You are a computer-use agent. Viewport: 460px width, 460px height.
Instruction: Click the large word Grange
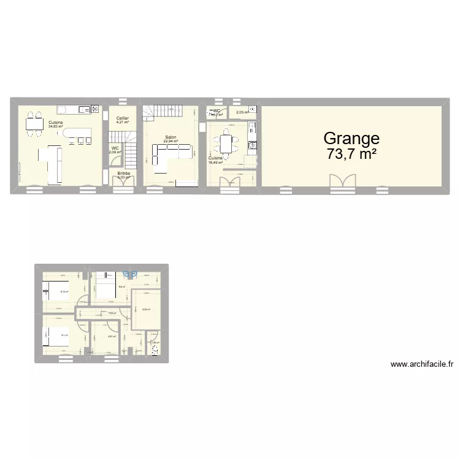(x=351, y=139)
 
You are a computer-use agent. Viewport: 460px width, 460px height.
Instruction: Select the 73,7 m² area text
(x=351, y=154)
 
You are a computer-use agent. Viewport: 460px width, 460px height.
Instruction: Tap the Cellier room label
(x=123, y=118)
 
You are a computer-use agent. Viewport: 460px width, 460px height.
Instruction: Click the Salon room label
(x=171, y=137)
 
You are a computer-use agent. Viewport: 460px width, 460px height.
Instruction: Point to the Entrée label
(x=123, y=174)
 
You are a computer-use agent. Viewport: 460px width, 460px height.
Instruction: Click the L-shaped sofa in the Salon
(x=168, y=153)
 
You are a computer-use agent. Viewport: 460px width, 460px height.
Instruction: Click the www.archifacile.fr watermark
(x=421, y=364)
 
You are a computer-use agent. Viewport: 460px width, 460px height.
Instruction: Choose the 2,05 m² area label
(x=243, y=112)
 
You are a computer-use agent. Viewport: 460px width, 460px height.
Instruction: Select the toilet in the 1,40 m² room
(x=155, y=350)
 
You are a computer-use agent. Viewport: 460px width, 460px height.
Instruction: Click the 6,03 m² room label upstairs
(x=146, y=309)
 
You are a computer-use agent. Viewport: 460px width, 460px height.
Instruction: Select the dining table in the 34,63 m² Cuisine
(x=34, y=124)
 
